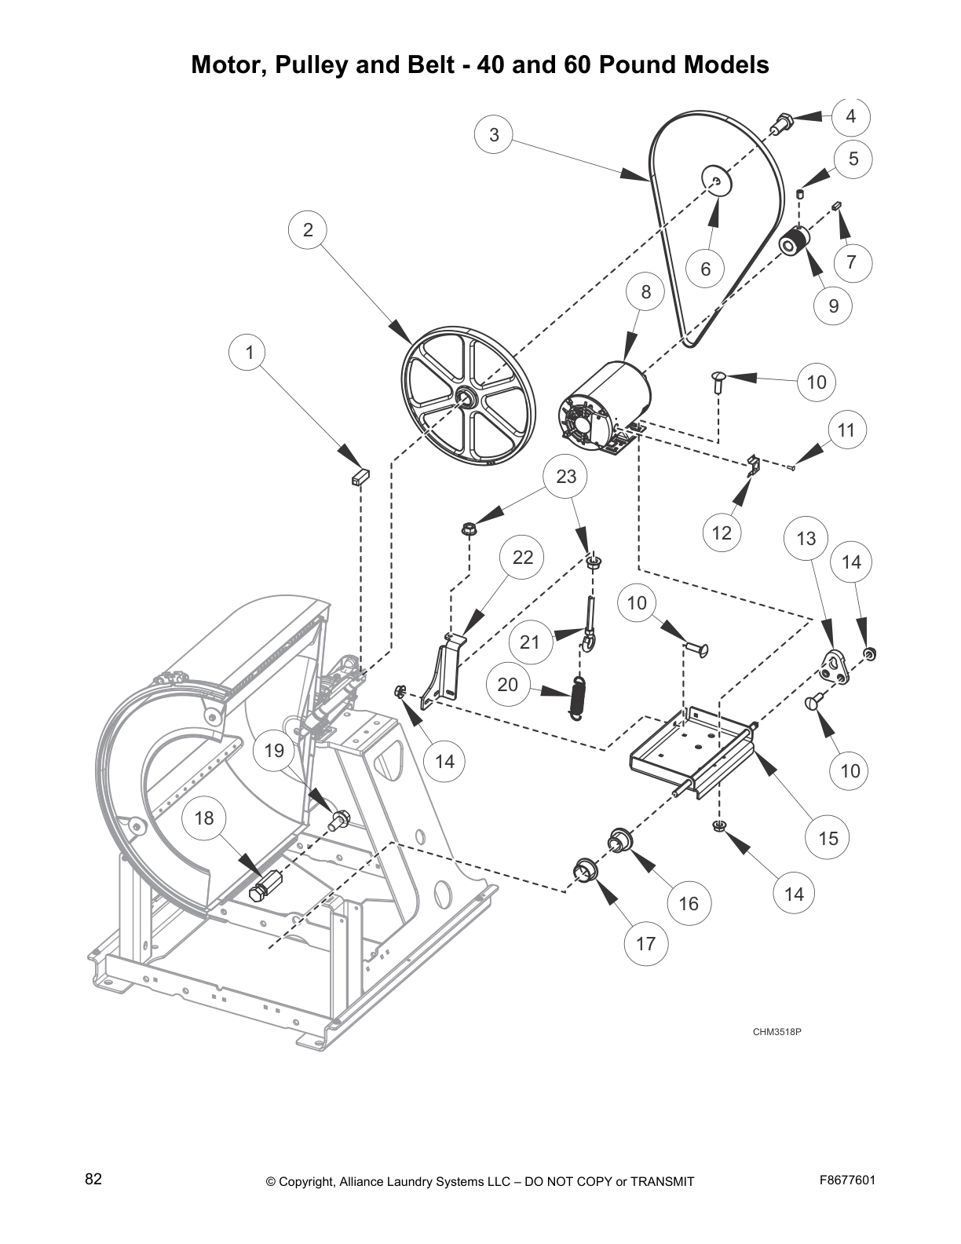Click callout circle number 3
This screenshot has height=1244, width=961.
click(x=494, y=134)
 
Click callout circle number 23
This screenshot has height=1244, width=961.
click(x=566, y=476)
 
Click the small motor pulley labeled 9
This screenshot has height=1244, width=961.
click(x=794, y=243)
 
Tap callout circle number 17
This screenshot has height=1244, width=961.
click(x=645, y=943)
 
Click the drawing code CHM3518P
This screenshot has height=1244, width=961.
click(x=776, y=1031)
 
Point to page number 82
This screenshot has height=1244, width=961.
click(x=93, y=1180)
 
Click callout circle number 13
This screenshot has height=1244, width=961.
click(x=806, y=538)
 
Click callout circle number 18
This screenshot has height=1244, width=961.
click(x=203, y=818)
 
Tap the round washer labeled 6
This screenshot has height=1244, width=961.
click(x=715, y=181)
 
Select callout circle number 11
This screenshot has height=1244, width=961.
click(x=846, y=430)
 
